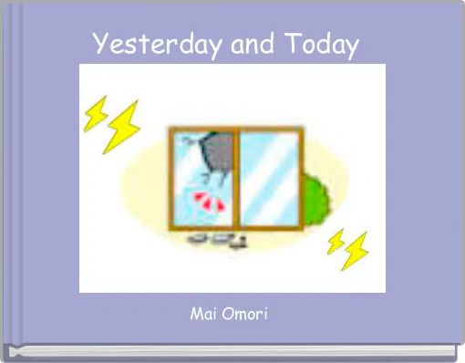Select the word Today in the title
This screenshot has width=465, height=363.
coord(321,44)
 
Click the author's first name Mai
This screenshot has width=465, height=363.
coord(201,315)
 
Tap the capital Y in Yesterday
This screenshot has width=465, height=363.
coord(100,44)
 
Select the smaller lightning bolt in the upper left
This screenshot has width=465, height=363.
coord(95,112)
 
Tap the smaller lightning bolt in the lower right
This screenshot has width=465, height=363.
coord(336,240)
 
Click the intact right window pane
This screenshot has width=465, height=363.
coord(270,179)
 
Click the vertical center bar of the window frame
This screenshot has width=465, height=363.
coord(235,179)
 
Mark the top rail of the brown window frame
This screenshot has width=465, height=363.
coord(235,130)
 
